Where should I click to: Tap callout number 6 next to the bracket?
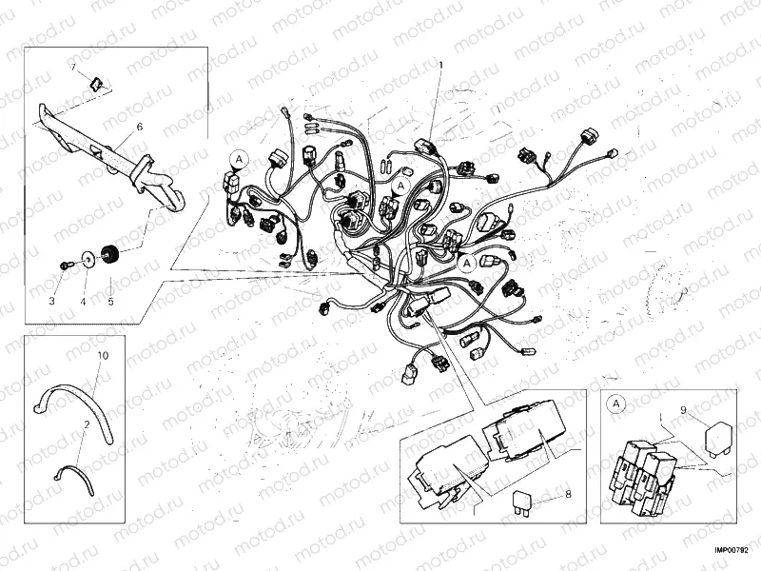tap(139, 126)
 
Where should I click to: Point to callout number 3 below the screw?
tap(53, 302)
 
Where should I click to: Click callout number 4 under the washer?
tap(82, 302)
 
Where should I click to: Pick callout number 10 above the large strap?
tap(104, 354)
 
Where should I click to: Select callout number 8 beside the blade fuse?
tap(568, 494)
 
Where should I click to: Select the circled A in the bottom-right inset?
tap(617, 405)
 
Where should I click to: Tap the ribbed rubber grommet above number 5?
tap(109, 254)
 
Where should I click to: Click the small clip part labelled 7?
tap(95, 83)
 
